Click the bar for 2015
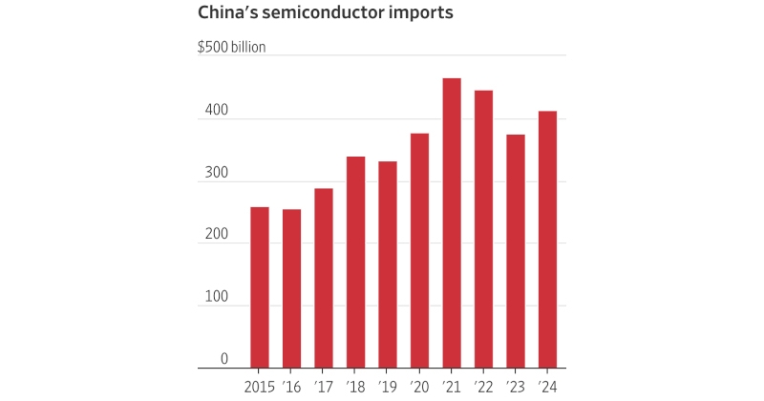coord(260,287)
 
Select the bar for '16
coord(291,288)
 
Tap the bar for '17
coord(324,278)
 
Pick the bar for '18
coord(355,263)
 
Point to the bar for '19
coord(387,264)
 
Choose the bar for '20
coord(419,250)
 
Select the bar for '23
coord(516,251)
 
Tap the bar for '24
coord(547,240)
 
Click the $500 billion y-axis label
coord(231,46)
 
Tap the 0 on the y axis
coord(224,359)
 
